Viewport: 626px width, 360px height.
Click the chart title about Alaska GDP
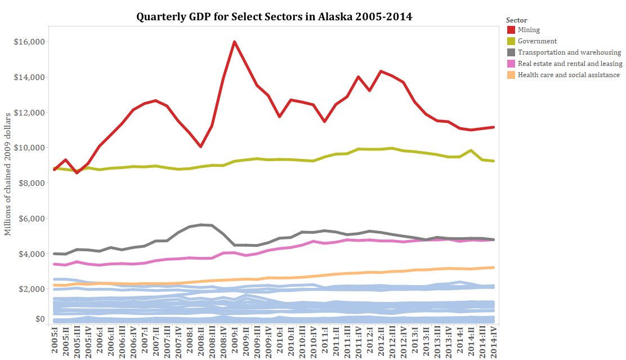pos(274,16)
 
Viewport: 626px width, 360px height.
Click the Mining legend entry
pos(529,30)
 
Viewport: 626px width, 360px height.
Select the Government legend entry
pos(537,41)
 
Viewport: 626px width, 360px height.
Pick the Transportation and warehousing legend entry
pos(569,52)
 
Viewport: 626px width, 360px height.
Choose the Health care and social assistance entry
pos(569,74)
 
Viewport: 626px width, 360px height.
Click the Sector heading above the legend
pos(517,20)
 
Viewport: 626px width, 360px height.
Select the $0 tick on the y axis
pos(39,319)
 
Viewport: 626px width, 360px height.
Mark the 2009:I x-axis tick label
pos(235,340)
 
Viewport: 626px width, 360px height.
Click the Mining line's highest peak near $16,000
pos(234,42)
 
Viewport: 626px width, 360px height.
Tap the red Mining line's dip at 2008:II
pos(200,146)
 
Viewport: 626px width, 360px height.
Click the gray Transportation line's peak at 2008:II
pos(200,224)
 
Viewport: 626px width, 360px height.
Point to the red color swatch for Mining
pos(511,30)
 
